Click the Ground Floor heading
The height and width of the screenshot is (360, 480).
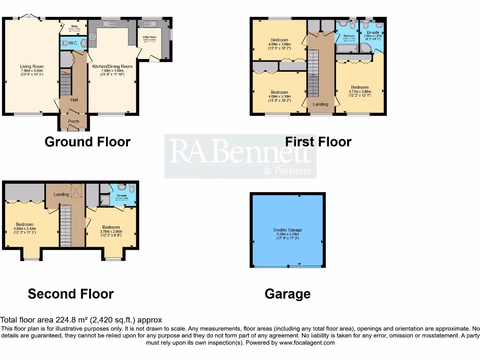(87, 142)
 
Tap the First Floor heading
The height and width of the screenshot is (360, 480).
(318, 142)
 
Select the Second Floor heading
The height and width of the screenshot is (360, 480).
(70, 294)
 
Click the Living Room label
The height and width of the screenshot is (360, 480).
(31, 67)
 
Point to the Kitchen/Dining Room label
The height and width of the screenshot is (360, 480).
(112, 67)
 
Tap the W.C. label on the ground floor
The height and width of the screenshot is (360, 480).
(73, 43)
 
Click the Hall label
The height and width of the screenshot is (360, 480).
(74, 100)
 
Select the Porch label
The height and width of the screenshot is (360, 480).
(74, 121)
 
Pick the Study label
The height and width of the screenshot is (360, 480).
(74, 26)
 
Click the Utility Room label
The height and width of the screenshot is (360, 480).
(150, 37)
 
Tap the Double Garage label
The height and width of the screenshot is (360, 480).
(287, 230)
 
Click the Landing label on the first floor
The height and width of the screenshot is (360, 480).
(321, 104)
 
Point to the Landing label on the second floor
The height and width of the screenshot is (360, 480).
(61, 194)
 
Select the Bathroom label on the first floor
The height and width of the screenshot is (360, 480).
(348, 36)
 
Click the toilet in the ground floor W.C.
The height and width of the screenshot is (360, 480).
(83, 44)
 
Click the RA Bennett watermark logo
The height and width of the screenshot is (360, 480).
(240, 156)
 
